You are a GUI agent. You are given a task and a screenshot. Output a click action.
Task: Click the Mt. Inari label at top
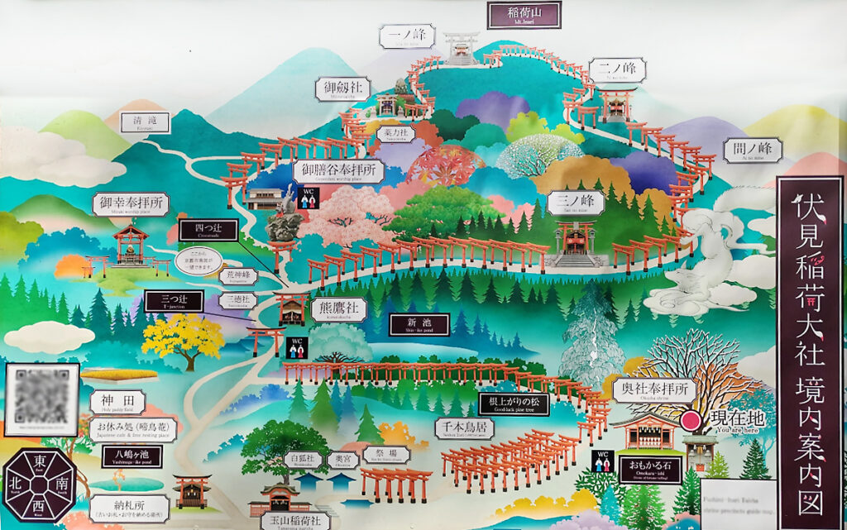point(524,14)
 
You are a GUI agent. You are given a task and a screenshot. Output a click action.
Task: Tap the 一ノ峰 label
point(407,36)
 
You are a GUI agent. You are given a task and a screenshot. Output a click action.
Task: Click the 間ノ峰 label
point(751,150)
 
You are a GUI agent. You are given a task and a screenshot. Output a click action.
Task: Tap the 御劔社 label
point(342,88)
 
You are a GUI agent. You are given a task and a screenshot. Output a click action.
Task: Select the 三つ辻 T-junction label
point(173,301)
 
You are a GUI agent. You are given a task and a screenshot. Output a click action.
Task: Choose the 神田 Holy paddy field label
point(117,403)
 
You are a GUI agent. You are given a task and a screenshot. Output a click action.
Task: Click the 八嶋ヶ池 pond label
point(132,456)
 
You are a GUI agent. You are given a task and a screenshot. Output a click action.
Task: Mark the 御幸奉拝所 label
point(131,204)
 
